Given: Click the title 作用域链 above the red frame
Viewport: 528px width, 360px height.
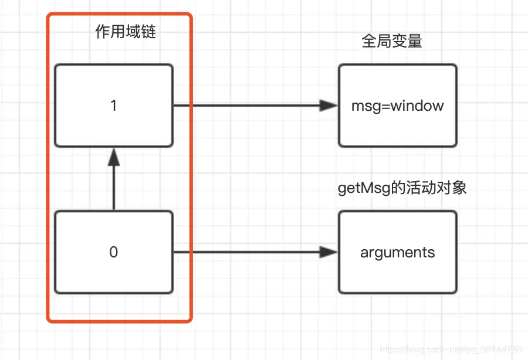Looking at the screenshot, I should (126, 32).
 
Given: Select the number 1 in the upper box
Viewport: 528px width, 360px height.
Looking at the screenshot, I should (114, 106).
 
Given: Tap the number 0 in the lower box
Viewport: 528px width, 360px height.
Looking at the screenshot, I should (114, 252).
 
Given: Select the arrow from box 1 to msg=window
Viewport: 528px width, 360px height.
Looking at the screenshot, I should (246, 106).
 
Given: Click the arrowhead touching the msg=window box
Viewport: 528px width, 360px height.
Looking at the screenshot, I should (329, 106).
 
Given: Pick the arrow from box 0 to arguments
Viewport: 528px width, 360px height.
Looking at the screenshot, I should (246, 252).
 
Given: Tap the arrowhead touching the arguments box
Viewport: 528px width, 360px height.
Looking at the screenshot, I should (329, 252).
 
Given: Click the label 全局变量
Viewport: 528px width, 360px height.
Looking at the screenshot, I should (392, 41).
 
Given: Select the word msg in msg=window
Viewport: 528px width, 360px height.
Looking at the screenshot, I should (362, 106).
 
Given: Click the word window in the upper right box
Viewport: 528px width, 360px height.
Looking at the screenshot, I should (417, 106).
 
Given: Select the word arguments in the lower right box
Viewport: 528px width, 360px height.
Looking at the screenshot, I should (397, 253).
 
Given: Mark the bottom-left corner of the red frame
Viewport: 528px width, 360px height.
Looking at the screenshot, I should (49, 320).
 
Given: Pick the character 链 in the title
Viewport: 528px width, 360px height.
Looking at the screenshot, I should (148, 32).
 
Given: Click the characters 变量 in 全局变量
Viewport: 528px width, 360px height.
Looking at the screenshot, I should (407, 41).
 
